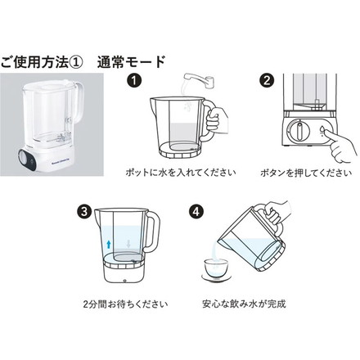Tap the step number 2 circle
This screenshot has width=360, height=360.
click(266, 82)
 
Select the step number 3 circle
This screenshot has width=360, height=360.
click(85, 210)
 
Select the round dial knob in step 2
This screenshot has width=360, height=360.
click(299, 131)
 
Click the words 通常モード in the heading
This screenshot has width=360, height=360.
click(131, 61)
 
